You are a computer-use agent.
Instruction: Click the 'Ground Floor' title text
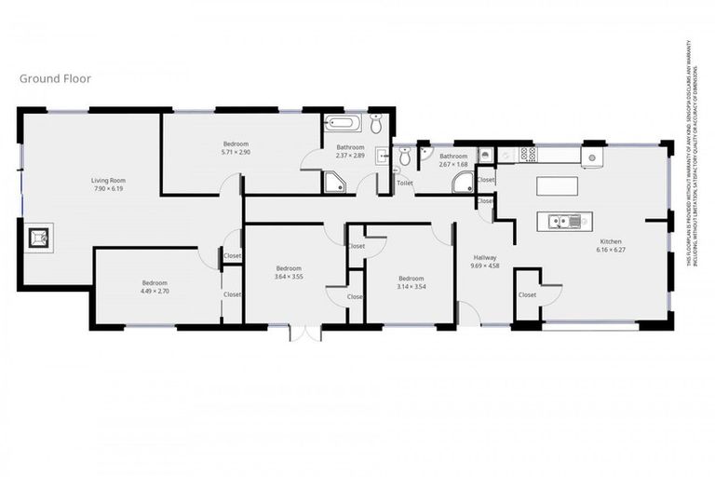point(55,79)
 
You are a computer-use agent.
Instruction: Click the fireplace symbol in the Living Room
point(39,239)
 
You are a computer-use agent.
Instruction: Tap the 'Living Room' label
point(108,181)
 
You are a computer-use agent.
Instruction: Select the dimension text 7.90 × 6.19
point(108,189)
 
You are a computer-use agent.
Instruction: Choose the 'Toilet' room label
point(404,184)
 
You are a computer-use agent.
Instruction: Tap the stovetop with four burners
point(526,154)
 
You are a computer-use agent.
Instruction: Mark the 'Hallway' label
point(486,258)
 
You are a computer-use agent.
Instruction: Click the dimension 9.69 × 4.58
point(486,266)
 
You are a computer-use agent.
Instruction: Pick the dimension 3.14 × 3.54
point(411,286)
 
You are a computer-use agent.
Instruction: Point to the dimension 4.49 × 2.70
point(155,292)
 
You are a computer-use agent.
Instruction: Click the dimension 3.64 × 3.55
point(288,277)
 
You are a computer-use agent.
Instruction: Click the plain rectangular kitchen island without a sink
point(558,185)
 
